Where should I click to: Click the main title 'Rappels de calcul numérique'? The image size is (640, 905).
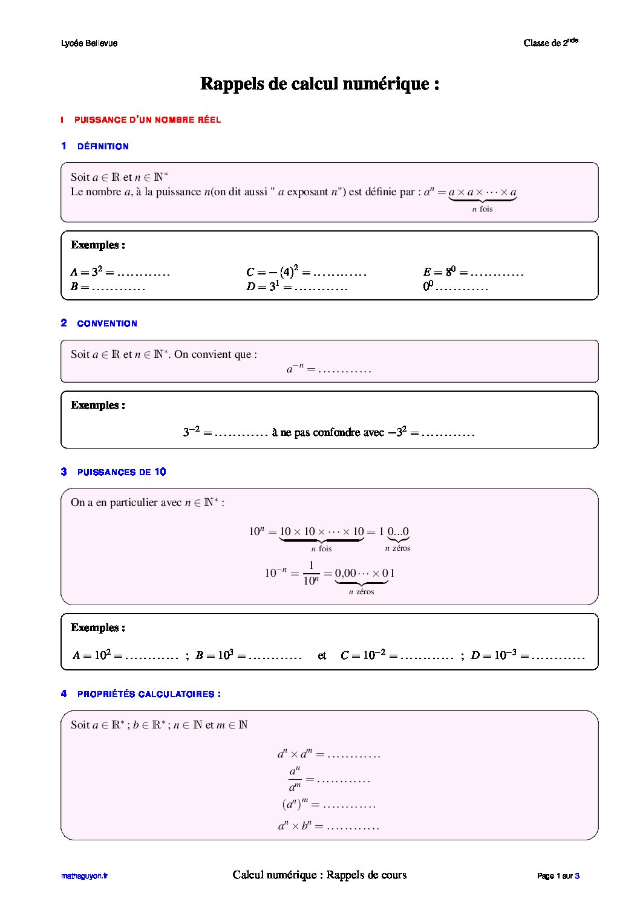click(319, 83)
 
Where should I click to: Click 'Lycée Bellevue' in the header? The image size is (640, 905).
click(90, 44)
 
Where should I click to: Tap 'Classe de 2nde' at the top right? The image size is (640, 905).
click(550, 42)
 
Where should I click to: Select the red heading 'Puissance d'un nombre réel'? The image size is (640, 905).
click(147, 120)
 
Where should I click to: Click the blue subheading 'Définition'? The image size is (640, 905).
click(103, 146)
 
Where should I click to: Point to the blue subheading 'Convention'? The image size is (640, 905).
click(107, 323)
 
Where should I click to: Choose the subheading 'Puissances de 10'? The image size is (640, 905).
click(121, 472)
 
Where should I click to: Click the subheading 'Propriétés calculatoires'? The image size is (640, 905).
click(149, 694)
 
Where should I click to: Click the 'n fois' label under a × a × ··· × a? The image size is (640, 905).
click(482, 209)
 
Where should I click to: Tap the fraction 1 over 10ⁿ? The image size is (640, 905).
click(310, 573)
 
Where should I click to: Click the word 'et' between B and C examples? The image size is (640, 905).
click(322, 655)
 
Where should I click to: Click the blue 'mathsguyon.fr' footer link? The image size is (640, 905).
click(84, 876)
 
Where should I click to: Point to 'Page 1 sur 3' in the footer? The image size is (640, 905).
click(558, 876)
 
